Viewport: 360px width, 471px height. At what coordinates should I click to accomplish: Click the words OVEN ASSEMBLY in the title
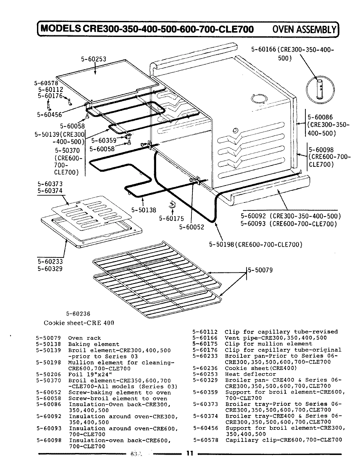tap(304, 29)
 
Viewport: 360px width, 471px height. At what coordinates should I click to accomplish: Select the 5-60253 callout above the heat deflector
tap(93, 59)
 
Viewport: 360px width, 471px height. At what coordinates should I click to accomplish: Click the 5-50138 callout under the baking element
tap(144, 210)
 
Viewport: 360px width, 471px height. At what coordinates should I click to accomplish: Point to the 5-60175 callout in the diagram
tap(171, 219)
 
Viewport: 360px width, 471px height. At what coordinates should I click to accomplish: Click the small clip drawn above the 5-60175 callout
tap(171, 205)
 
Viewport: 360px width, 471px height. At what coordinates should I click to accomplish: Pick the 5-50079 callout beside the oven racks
tap(260, 270)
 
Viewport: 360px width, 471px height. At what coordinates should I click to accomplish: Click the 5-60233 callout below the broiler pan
tap(50, 262)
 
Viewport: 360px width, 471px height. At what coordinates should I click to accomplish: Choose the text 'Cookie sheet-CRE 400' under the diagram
tap(79, 323)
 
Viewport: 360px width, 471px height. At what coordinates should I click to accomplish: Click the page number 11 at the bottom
tap(189, 453)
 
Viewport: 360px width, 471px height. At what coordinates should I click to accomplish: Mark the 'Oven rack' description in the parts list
tap(84, 338)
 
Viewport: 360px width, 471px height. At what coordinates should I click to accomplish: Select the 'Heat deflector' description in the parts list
tap(250, 374)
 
